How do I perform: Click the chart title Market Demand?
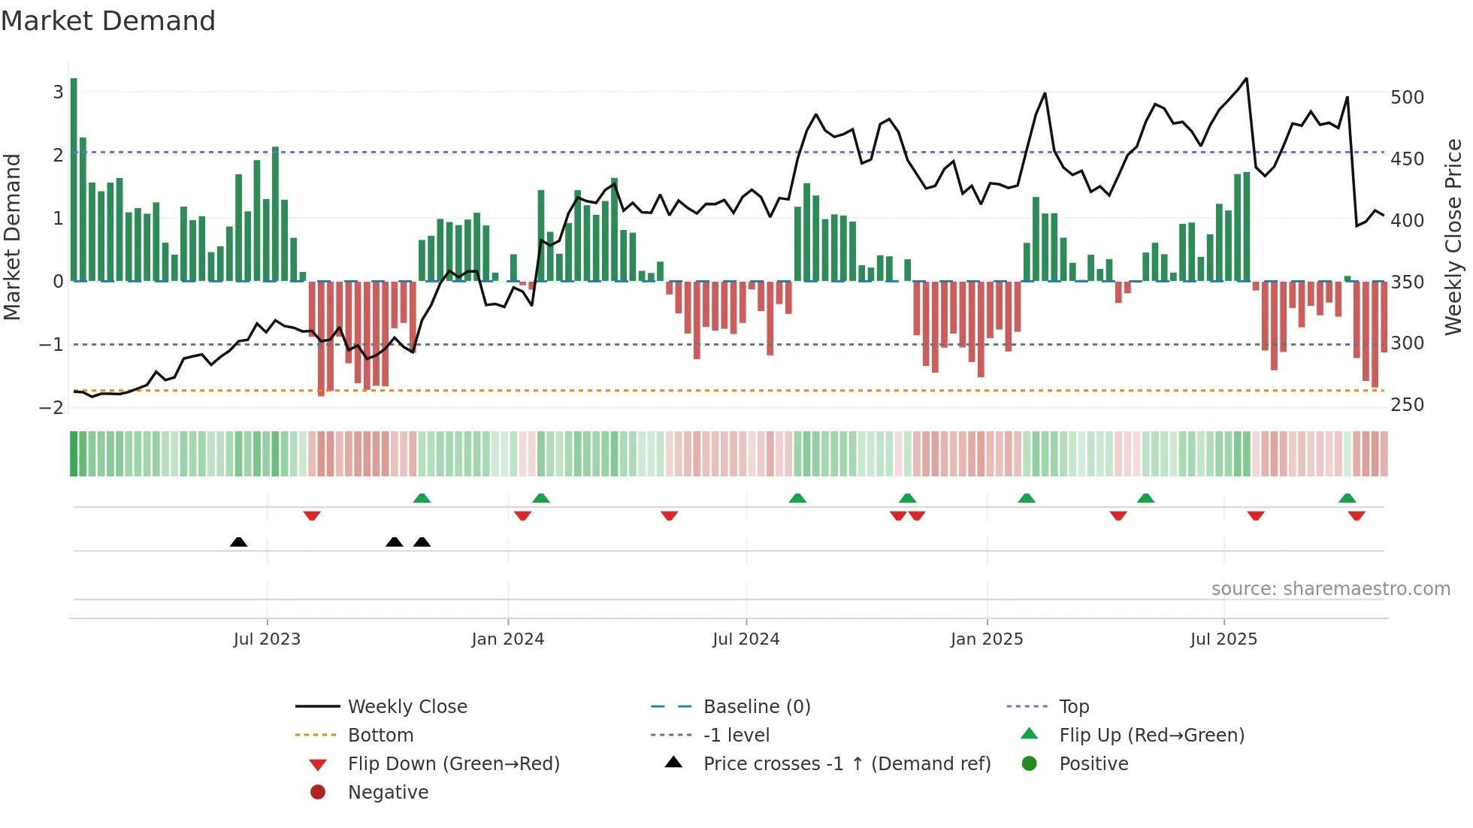tap(108, 21)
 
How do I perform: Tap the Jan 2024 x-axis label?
tap(507, 639)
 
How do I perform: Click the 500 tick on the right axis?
tap(1407, 98)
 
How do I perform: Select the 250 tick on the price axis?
tap(1407, 405)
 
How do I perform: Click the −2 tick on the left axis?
tap(51, 408)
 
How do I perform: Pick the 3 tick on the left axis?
tap(58, 92)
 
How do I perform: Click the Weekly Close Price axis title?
tap(1453, 237)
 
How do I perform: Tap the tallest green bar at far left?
tap(74, 180)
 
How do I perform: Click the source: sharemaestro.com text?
tap(1330, 589)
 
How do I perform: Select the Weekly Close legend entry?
tap(407, 707)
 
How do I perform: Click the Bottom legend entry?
tap(380, 736)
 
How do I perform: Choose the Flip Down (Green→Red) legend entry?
tap(453, 764)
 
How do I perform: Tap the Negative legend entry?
tap(388, 793)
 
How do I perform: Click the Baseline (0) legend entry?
tap(756, 707)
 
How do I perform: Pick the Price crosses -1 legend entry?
tap(846, 764)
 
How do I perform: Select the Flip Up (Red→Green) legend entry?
tap(1151, 736)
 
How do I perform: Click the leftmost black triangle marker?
tap(238, 542)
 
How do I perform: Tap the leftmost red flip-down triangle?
tap(312, 515)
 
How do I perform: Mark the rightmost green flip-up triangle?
tap(1347, 498)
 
